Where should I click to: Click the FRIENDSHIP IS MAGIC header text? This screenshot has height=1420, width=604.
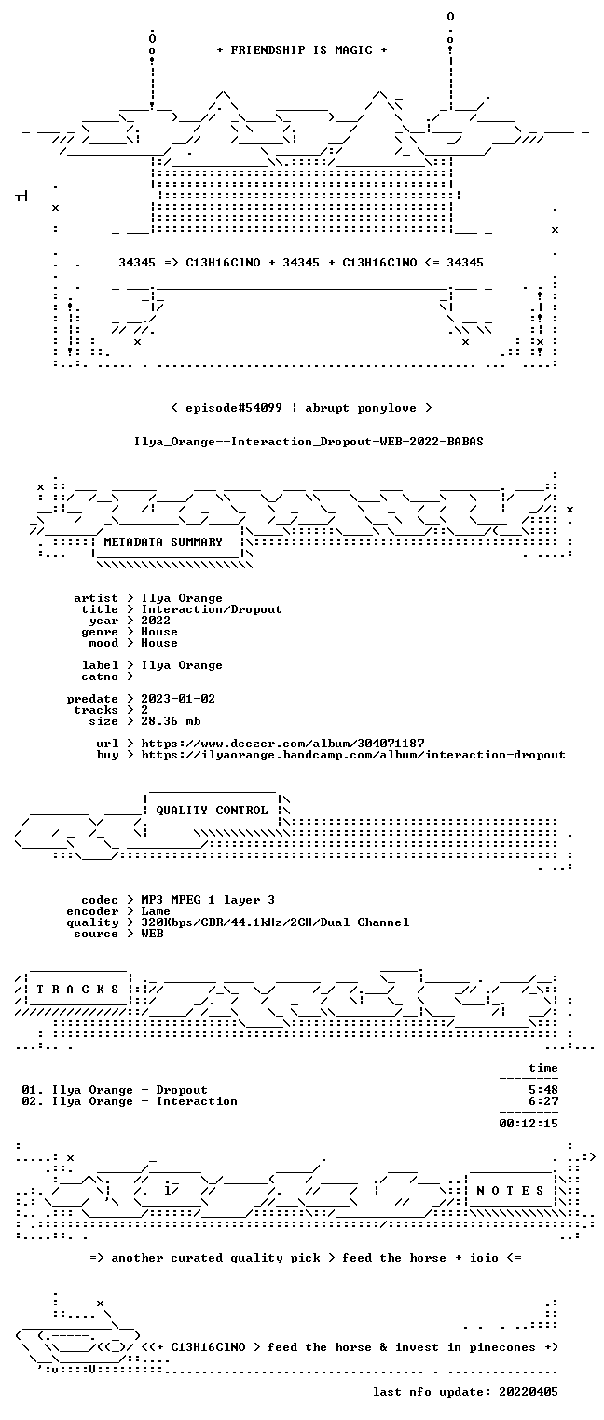point(301,50)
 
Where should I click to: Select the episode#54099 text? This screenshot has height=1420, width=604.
point(233,408)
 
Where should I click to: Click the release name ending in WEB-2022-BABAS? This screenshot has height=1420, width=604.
point(309,442)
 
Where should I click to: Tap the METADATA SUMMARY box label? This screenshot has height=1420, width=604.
point(163,542)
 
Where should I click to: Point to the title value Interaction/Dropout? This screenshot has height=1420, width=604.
point(212,610)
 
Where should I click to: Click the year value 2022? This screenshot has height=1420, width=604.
point(156,621)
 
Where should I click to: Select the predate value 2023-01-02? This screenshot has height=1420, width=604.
point(178,699)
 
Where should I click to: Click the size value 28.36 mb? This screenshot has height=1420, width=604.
point(171,721)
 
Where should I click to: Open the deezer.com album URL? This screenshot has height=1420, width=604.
point(283,743)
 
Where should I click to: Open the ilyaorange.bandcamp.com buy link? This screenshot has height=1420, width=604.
point(352,755)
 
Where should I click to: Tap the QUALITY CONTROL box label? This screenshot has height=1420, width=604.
point(212,810)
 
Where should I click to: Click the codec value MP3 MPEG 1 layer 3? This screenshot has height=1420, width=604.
point(208,900)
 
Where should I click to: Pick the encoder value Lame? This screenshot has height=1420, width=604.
point(156,911)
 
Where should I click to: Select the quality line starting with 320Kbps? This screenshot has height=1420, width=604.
point(275,922)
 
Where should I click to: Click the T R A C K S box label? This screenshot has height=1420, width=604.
point(77,989)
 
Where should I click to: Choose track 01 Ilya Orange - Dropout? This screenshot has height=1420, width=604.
point(115,1090)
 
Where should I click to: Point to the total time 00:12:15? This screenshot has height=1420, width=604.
point(528,1124)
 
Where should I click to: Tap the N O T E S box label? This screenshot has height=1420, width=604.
point(510,1191)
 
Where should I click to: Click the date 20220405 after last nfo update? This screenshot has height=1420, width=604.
point(528,1392)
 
